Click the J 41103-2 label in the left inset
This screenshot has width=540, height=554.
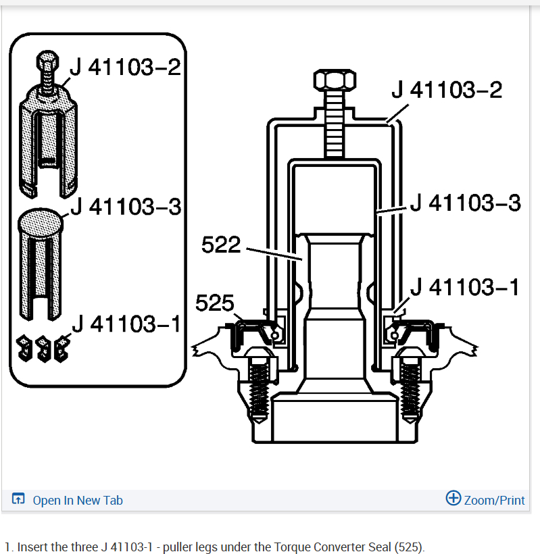tap(126, 67)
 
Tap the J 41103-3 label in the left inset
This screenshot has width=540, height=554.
tap(126, 207)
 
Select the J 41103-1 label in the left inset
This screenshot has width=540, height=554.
tap(126, 324)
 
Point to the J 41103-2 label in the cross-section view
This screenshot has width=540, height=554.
tap(447, 90)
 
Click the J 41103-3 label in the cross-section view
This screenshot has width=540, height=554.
tap(466, 203)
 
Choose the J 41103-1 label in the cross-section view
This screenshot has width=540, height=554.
tap(465, 286)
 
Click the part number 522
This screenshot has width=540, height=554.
tap(221, 245)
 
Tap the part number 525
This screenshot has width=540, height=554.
tap(214, 303)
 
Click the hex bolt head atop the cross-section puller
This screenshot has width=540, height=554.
tap(335, 80)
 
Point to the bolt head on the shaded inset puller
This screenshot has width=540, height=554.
tap(47, 61)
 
